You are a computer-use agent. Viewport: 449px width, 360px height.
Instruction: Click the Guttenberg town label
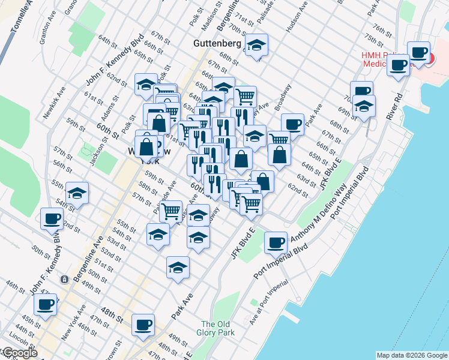coord(217,44)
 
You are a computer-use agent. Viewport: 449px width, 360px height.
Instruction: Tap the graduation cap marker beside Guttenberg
coord(256,45)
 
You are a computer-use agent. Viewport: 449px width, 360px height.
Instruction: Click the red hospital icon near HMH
coord(430,58)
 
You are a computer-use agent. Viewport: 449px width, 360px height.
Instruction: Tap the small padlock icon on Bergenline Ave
coord(64,279)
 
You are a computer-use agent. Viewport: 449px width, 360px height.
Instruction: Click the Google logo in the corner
coord(19,353)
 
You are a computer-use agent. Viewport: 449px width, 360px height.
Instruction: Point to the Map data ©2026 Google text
coord(411,355)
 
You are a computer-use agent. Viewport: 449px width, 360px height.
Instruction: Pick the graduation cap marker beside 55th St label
coord(76,193)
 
